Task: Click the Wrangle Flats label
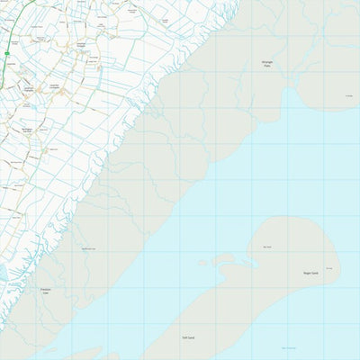pyautogui.click(x=266, y=63)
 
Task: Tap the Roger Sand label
pyautogui.click(x=310, y=273)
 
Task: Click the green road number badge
pyautogui.click(x=6, y=54)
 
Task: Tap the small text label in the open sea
pyautogui.click(x=288, y=348)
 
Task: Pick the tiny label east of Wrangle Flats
pyautogui.click(x=348, y=96)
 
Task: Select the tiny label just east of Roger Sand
pyautogui.click(x=329, y=268)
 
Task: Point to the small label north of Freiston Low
pyautogui.click(x=88, y=248)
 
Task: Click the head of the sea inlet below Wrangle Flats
pyautogui.click(x=290, y=93)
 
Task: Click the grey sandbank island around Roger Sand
pyautogui.click(x=288, y=256)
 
